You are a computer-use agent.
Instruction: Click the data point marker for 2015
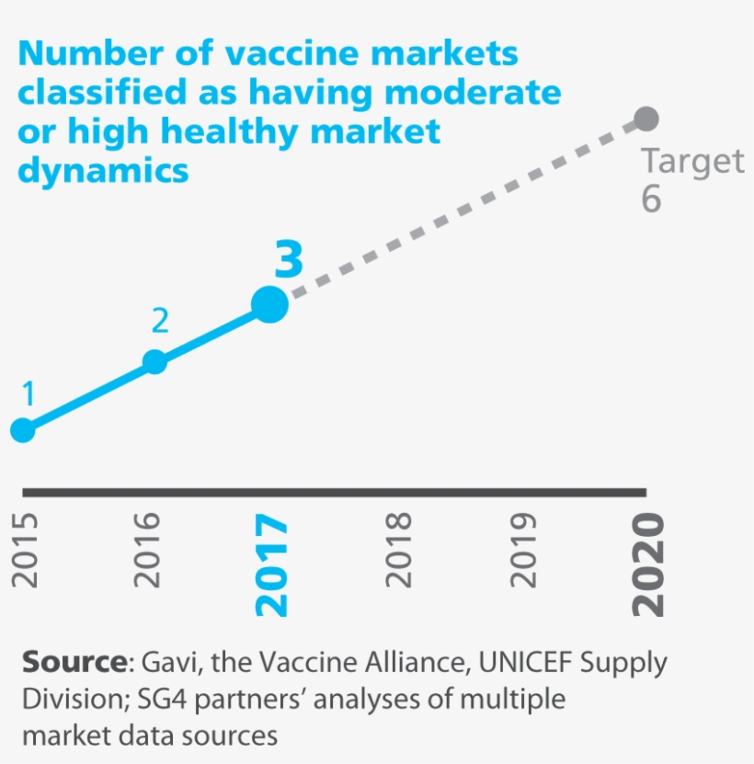point(22,429)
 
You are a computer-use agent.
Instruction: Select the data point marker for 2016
point(155,361)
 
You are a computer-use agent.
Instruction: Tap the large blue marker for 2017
point(269,303)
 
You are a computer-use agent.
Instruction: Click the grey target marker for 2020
point(646,119)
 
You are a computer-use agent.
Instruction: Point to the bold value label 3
point(289,261)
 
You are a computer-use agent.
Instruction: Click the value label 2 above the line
point(160,321)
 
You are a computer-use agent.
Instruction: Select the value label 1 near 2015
point(29,394)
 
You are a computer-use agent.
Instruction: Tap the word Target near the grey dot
point(691,161)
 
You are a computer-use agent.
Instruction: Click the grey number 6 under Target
point(651,200)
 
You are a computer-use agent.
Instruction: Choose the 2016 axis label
point(150,550)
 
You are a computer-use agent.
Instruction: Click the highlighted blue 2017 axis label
point(273,564)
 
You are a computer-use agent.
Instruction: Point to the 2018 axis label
point(398,550)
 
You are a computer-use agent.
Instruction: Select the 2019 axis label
point(522,550)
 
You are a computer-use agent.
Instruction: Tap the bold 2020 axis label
point(646,564)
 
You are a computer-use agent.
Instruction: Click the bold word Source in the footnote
point(73,662)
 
